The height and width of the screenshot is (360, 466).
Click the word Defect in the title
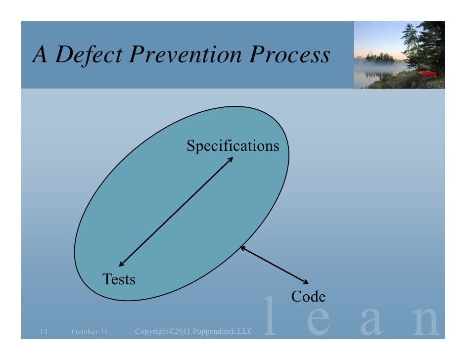(89, 55)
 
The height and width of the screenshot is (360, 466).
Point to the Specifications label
(233, 146)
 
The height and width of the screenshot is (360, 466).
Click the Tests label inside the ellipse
(119, 279)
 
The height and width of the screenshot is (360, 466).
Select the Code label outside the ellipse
(308, 296)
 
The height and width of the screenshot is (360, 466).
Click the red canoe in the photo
(427, 74)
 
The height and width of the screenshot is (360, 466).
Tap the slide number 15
(43, 331)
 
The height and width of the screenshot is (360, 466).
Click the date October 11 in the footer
(89, 331)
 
